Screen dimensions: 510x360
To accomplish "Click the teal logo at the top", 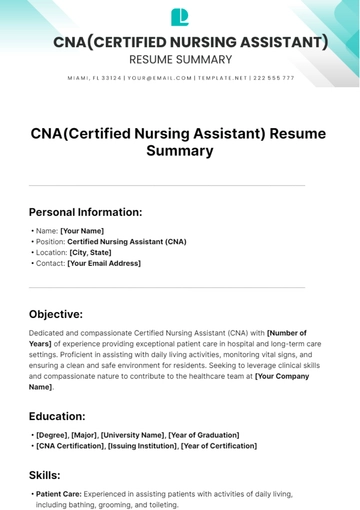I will [x=180, y=16].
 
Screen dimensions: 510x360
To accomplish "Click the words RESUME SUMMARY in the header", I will [x=180, y=59].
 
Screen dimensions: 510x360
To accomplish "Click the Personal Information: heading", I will [x=85, y=212].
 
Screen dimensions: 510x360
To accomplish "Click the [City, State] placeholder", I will [x=90, y=253].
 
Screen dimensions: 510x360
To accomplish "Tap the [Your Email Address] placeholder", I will [x=104, y=264].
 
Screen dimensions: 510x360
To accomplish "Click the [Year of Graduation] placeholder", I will [x=204, y=435].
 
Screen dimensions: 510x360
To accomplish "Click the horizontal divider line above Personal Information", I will [x=166, y=185].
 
